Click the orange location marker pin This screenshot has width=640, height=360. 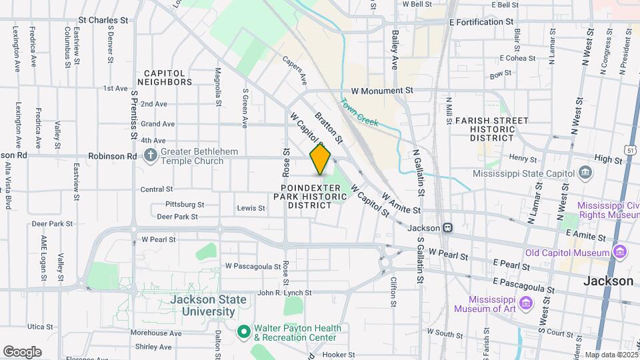320,159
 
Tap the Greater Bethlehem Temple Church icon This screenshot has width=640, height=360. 151,156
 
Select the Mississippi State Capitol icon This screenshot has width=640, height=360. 585,173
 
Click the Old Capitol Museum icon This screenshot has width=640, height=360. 621,253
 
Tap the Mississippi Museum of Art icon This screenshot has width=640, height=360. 526,303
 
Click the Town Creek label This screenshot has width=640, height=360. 359,113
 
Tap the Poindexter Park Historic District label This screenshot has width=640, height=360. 310,197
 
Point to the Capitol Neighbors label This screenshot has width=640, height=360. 168,77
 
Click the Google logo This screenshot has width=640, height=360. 22,351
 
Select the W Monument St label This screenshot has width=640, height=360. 382,90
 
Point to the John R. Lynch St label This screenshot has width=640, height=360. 285,293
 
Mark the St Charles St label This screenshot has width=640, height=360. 103,21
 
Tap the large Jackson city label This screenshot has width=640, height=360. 608,281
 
